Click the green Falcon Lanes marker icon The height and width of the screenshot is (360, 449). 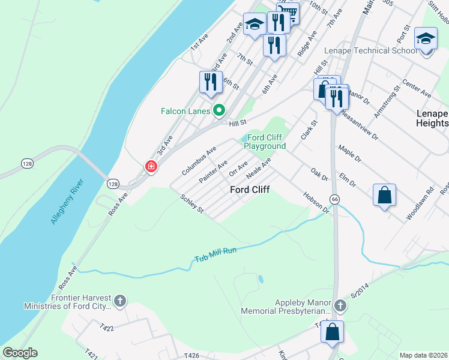click(219, 110)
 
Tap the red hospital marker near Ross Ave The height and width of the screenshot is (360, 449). click(150, 166)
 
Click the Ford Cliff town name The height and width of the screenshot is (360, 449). click(250, 190)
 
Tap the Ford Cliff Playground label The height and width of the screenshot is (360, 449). click(264, 142)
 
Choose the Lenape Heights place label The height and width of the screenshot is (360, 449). click(432, 118)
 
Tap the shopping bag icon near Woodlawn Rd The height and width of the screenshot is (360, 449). click(384, 196)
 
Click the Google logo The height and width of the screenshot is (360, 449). click(20, 353)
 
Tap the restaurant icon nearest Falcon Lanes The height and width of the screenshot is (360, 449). click(209, 82)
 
